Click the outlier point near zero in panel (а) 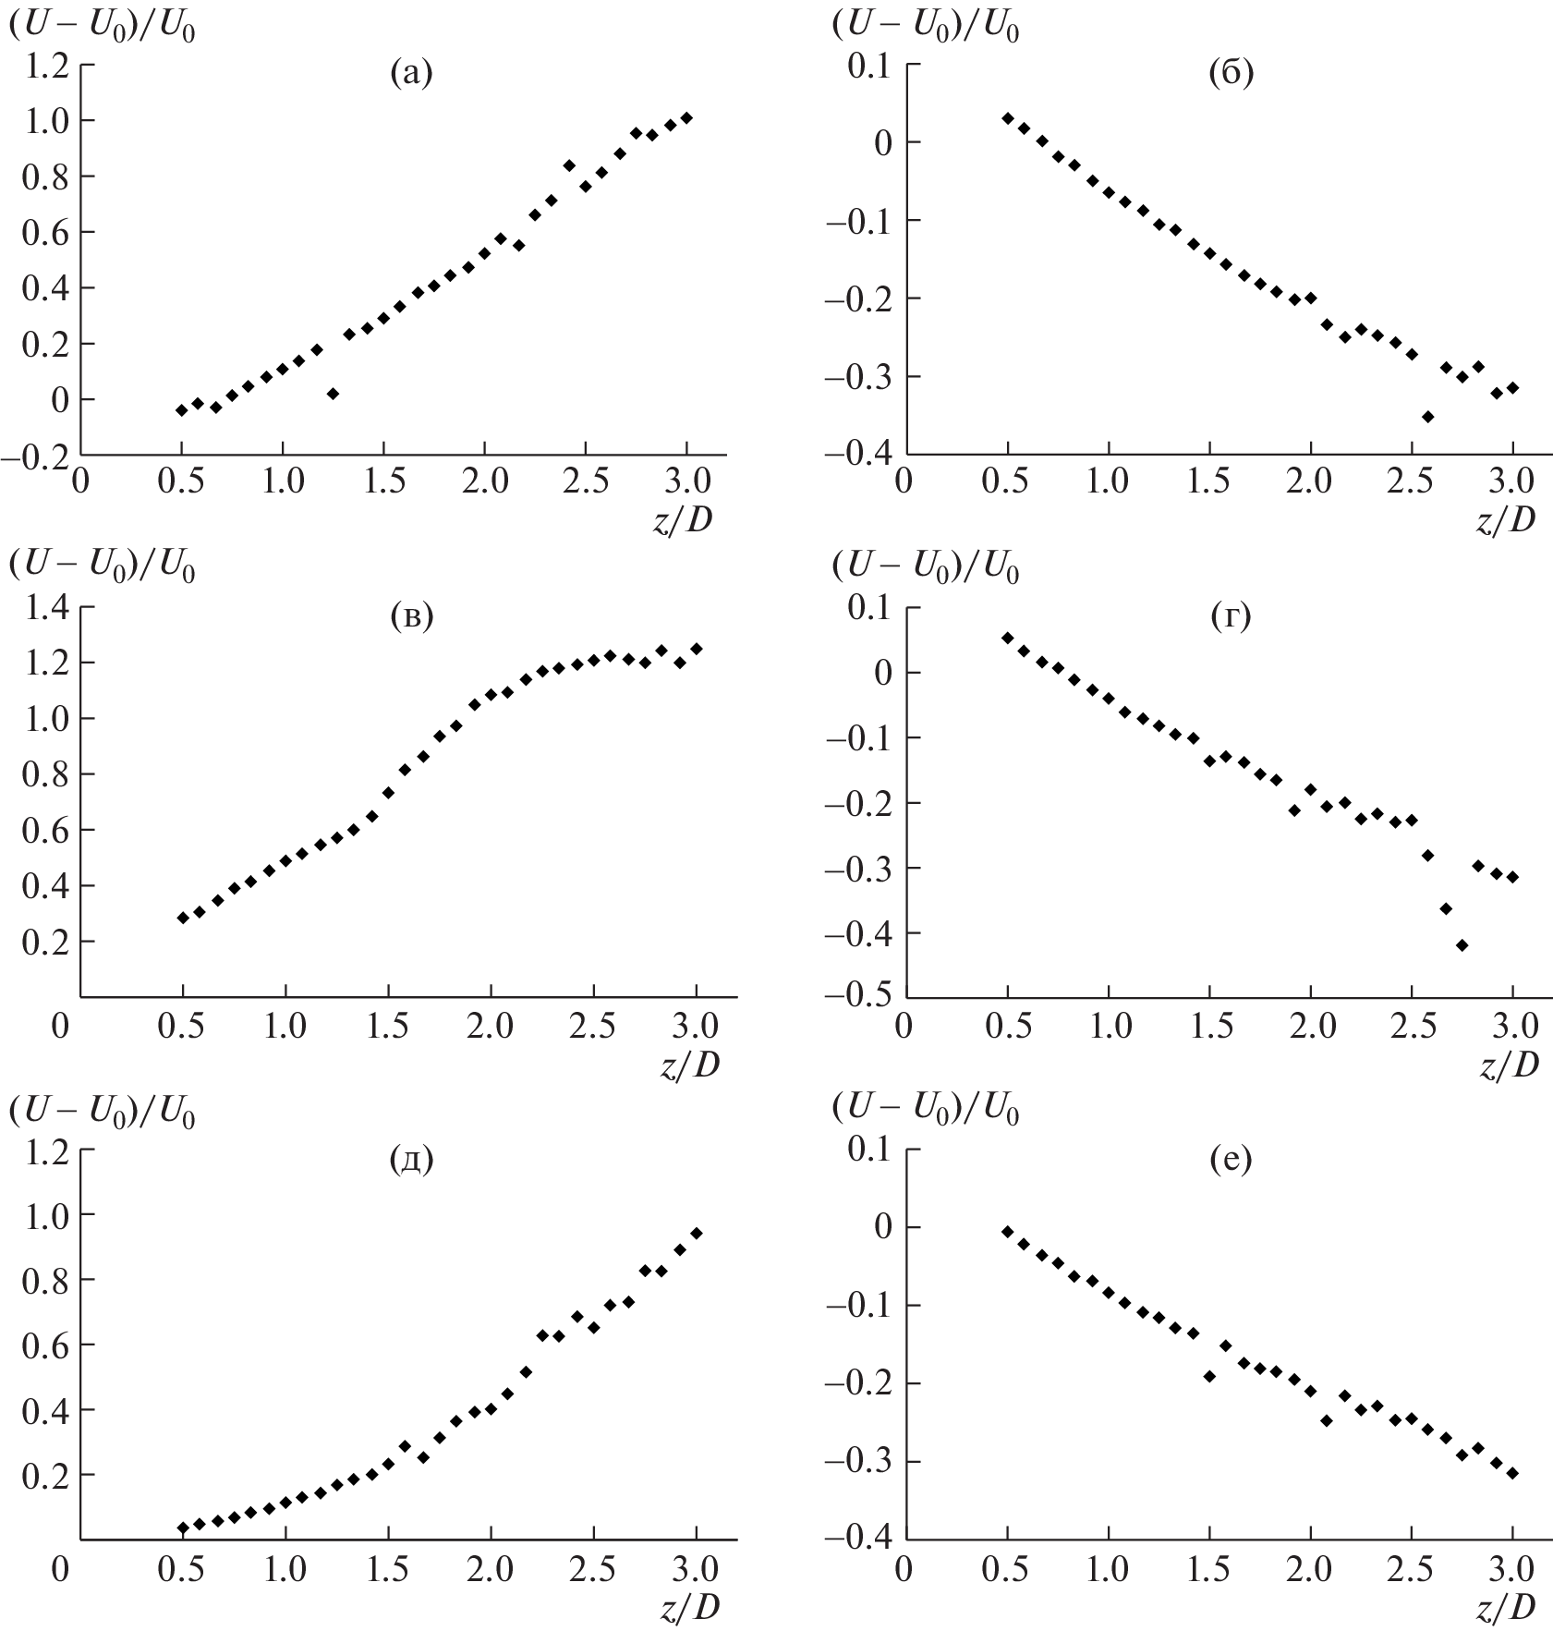coord(333,394)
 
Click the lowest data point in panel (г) coord(1462,944)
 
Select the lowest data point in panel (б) coord(1427,417)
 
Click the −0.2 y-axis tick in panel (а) coord(39,456)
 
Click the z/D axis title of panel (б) coord(1506,521)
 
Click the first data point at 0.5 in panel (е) coord(1007,1231)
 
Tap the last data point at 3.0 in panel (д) coord(697,1233)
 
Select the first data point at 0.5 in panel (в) coord(183,918)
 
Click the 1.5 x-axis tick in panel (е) coord(1208,1568)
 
